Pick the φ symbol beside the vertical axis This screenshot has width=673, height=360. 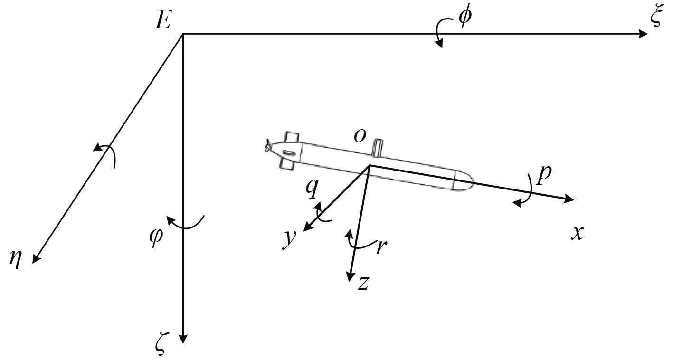pyautogui.click(x=156, y=235)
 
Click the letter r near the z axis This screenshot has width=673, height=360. pyautogui.click(x=380, y=247)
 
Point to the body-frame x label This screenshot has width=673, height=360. pyautogui.click(x=577, y=233)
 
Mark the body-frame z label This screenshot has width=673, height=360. pyautogui.click(x=363, y=284)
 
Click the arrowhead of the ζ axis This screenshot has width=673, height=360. pyautogui.click(x=183, y=339)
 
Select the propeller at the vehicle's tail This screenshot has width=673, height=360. pyautogui.click(x=268, y=147)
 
